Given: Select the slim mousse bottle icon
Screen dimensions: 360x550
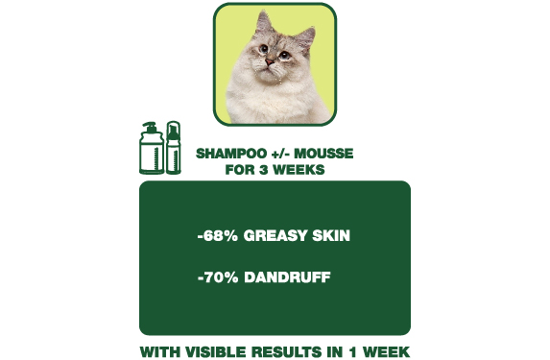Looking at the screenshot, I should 174,148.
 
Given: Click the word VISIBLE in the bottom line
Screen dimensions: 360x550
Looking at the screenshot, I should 216,351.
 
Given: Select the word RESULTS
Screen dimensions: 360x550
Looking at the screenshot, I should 289,351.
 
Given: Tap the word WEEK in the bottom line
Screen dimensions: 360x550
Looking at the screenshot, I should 388,351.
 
